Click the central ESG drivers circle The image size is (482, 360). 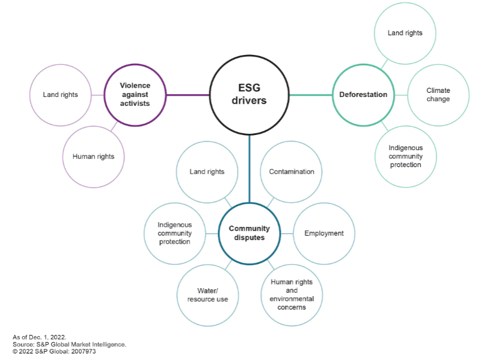[x=249, y=95]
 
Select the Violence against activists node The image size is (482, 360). [x=135, y=95]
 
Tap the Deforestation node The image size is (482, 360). [x=363, y=95]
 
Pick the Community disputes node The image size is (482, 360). [x=249, y=233]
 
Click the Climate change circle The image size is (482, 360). [x=438, y=95]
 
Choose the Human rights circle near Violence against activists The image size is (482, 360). [x=94, y=157]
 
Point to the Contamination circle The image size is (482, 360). [x=291, y=172]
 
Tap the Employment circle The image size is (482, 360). [x=323, y=233]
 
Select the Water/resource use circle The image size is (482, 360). [x=208, y=295]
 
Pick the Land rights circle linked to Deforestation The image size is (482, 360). [x=405, y=33]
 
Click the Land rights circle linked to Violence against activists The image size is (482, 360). [x=60, y=95]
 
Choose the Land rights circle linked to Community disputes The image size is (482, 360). [x=207, y=172]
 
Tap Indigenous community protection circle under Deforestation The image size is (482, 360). [x=405, y=157]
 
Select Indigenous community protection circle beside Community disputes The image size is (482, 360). [x=174, y=233]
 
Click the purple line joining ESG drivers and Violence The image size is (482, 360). [x=188, y=95]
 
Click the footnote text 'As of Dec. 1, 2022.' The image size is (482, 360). [x=40, y=337]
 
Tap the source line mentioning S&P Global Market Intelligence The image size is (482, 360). [x=69, y=344]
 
